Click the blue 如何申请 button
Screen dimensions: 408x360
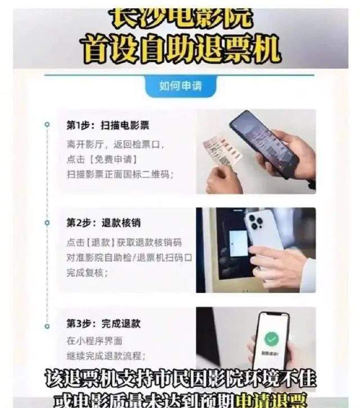tap(180, 87)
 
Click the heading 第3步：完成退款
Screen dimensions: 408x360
tap(104, 324)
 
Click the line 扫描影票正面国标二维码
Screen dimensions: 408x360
tap(120, 174)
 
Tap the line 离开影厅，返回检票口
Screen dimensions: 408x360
tap(115, 145)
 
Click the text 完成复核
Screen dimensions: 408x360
tap(87, 272)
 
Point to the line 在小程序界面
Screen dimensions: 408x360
tap(94, 341)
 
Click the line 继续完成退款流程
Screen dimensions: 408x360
tap(106, 356)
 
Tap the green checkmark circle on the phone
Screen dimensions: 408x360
tap(272, 339)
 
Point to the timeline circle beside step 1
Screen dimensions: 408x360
tap(47, 125)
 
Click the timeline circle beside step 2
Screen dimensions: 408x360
tap(47, 223)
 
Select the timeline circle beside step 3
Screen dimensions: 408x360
tap(47, 324)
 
